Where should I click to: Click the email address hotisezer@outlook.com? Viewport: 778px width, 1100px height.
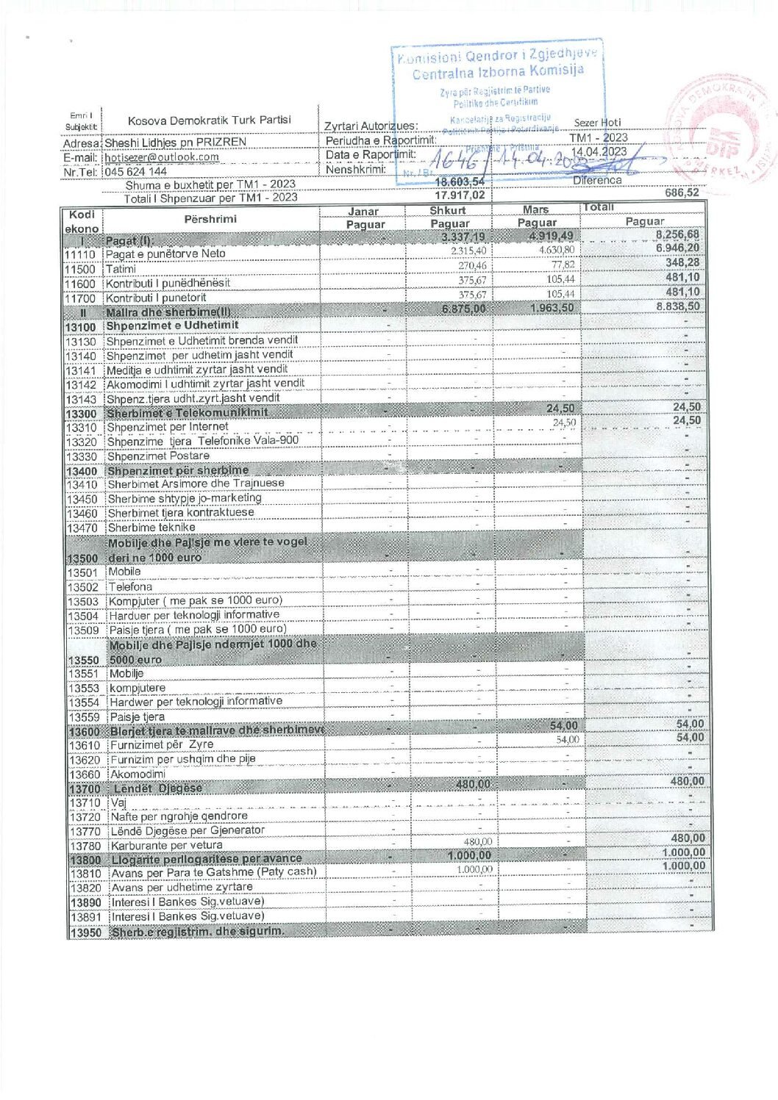[162, 157]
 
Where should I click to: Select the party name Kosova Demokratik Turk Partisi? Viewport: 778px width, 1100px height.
[209, 121]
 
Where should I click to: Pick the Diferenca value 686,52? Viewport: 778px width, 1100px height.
[682, 193]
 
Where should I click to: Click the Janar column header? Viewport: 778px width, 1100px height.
[363, 212]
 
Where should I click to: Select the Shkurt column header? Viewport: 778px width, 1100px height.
[448, 211]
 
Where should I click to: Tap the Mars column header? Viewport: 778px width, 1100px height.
[535, 210]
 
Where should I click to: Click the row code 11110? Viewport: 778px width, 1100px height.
[80, 254]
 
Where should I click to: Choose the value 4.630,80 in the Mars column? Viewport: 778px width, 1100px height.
[557, 251]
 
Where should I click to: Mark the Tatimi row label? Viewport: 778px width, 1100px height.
[121, 269]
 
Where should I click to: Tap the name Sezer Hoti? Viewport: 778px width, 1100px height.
[597, 123]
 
